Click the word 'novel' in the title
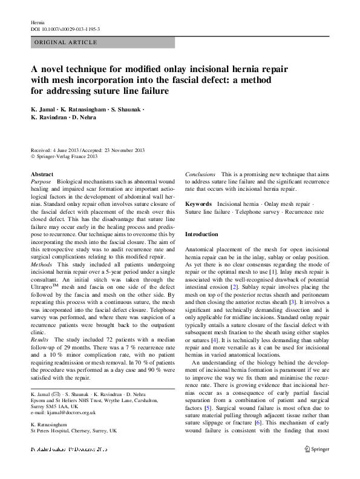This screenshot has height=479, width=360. pos(57,69)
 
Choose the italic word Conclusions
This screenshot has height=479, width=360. pos(200,174)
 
